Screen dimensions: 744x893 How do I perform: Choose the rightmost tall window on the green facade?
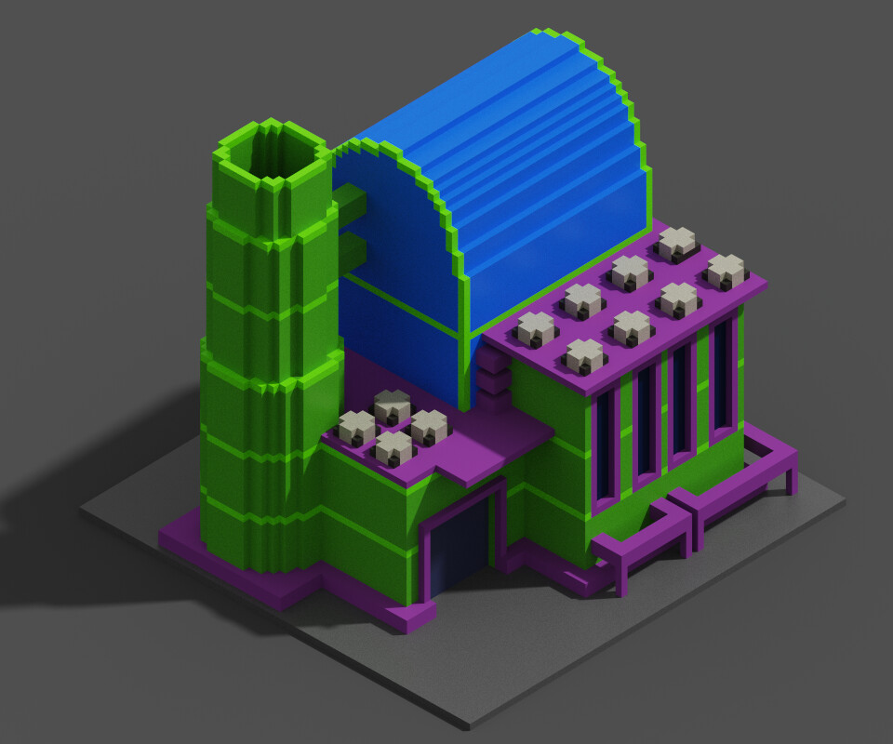click(x=720, y=381)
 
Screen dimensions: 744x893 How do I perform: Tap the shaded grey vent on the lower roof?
click(x=392, y=405)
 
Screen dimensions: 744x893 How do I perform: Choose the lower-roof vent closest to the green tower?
click(x=356, y=427)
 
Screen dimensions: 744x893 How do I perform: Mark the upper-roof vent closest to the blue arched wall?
click(x=536, y=328)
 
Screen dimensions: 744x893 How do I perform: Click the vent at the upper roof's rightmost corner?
click(x=726, y=271)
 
